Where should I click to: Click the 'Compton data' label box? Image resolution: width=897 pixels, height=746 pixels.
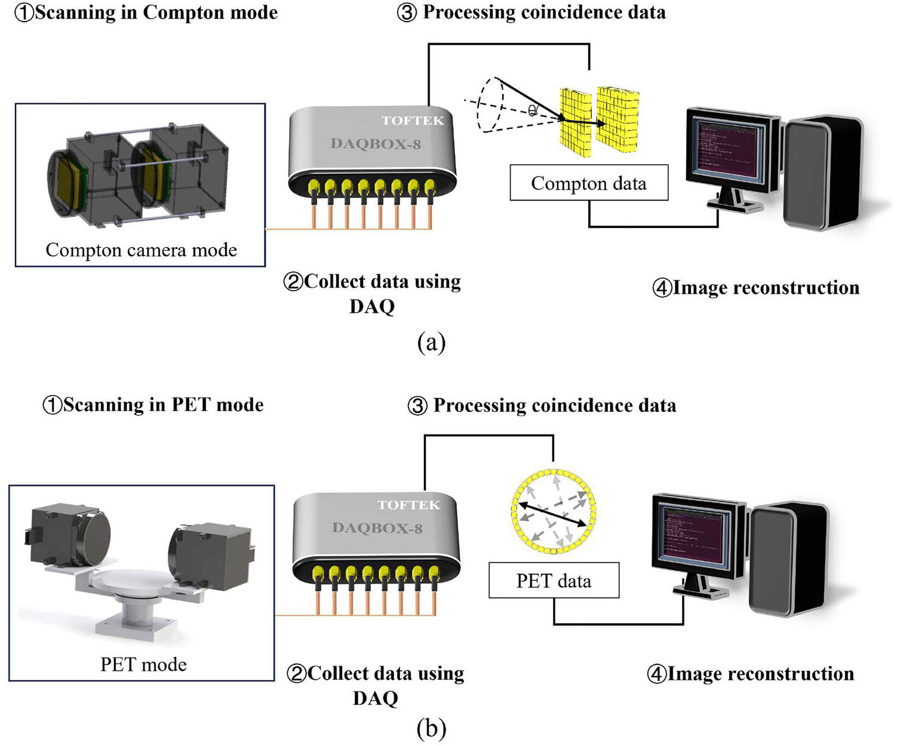[588, 183]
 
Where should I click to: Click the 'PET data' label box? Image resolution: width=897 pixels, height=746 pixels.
[554, 581]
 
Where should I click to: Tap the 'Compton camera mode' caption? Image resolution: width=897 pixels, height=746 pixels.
[141, 249]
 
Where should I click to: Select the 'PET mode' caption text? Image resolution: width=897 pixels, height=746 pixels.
[143, 664]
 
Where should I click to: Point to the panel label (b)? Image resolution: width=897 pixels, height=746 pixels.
[431, 728]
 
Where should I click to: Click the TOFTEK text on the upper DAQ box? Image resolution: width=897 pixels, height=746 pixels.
[413, 121]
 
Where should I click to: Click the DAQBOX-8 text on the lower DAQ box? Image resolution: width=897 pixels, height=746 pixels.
[377, 528]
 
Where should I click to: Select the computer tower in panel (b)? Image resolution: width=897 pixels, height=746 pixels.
[788, 558]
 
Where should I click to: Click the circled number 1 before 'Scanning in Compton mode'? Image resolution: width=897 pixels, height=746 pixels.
[23, 13]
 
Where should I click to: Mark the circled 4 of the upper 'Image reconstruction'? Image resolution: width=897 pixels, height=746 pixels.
[662, 288]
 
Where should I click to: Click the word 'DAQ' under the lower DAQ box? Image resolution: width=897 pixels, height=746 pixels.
[375, 698]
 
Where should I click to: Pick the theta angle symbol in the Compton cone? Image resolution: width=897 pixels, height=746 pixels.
[532, 110]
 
